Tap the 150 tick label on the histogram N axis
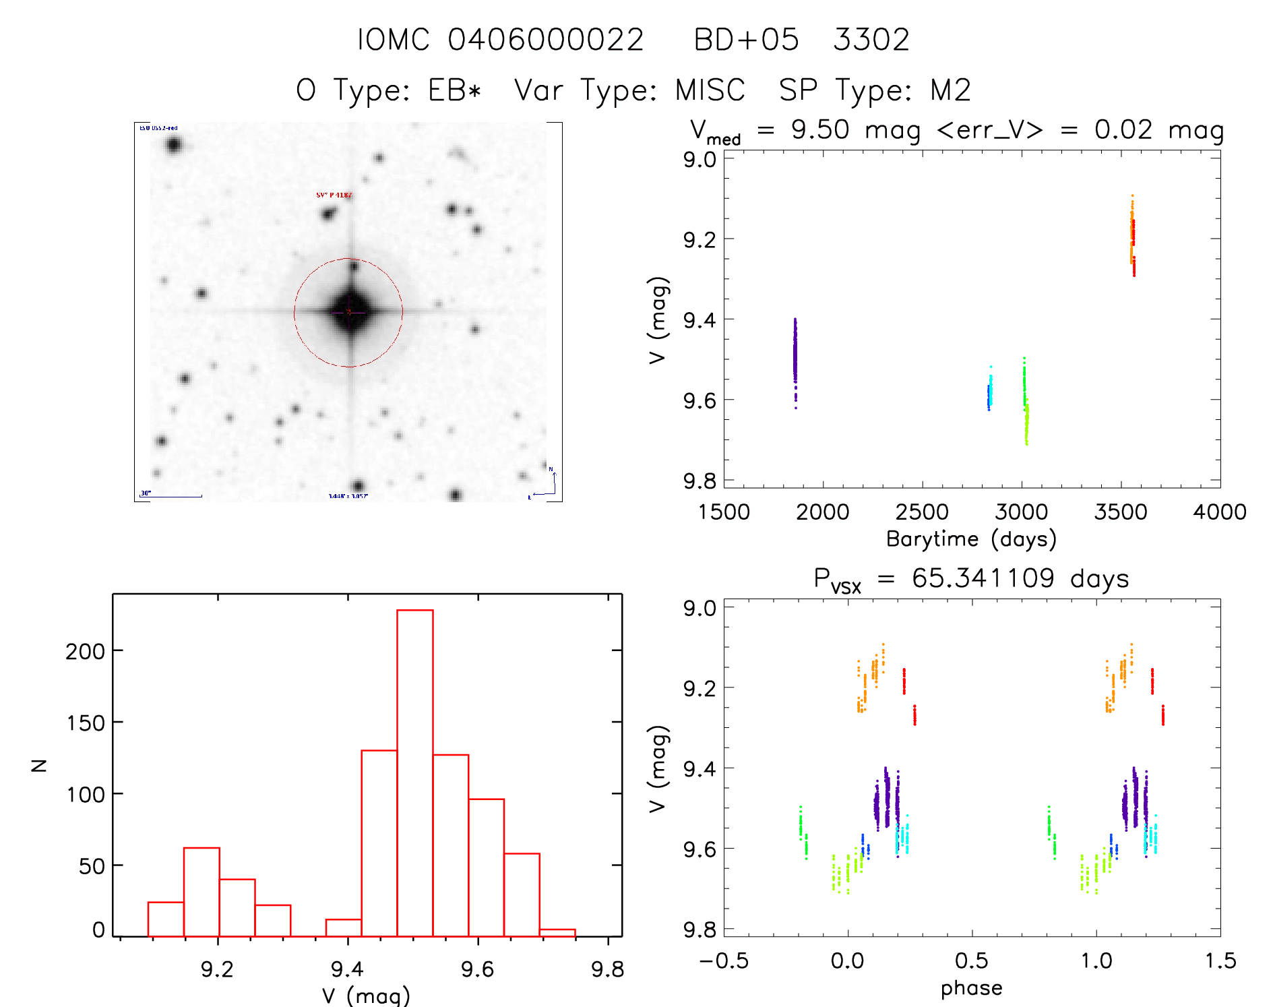coord(86,723)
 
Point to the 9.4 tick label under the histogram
coord(347,969)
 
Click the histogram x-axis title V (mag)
coord(365,996)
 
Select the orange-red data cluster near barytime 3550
coord(1133,236)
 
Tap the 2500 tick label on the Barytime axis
coord(922,512)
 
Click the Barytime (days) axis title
coord(971,539)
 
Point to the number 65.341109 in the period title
coord(983,578)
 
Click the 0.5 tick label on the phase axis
coord(971,961)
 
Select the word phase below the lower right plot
coord(971,988)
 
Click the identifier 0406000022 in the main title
coord(546,40)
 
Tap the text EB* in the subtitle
coord(455,90)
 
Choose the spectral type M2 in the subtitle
coord(950,90)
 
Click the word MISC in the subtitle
coord(710,90)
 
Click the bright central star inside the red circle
coord(350,311)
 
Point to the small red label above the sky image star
coord(334,195)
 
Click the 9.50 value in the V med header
coord(820,129)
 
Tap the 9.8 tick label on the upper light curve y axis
coord(700,481)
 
